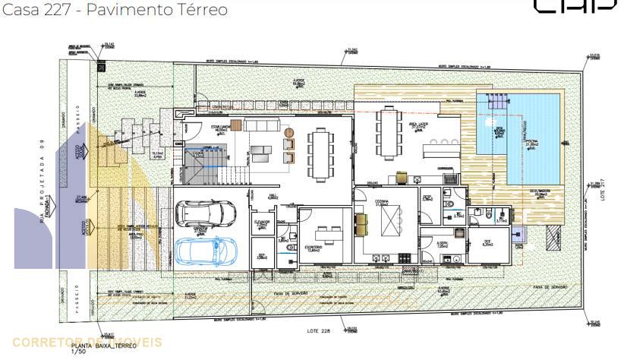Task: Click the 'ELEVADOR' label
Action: [x=262, y=222]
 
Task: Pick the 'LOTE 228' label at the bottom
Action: [x=318, y=330]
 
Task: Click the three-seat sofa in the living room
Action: [x=262, y=125]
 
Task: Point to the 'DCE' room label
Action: [x=487, y=244]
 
